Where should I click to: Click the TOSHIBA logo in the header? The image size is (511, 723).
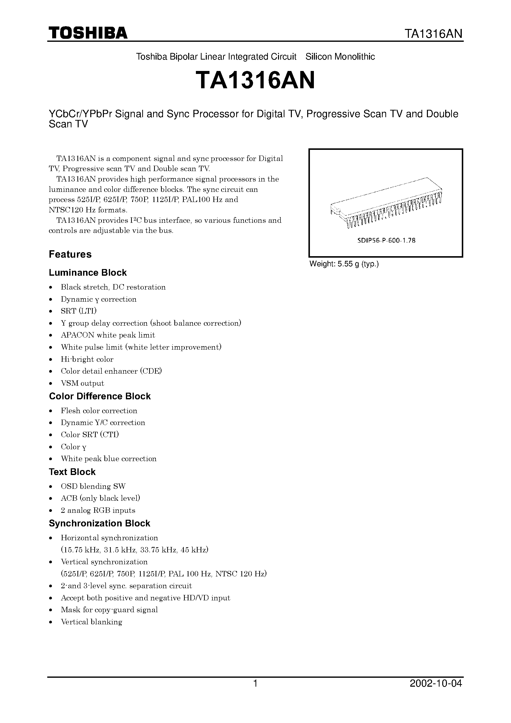88,33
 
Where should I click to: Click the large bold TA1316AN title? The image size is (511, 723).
255,81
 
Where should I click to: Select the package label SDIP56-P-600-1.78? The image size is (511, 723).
386,241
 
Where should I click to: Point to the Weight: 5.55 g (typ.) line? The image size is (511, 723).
344,264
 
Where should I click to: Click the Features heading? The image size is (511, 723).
70,254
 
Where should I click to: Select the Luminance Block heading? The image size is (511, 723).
88,272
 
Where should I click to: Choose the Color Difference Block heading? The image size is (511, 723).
100,396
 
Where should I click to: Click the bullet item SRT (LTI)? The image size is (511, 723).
78,311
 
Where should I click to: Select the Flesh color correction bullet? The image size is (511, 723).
99,411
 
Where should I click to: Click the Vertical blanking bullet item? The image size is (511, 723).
91,622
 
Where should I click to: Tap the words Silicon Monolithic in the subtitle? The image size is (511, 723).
340,57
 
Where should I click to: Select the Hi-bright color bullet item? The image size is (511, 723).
87,359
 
